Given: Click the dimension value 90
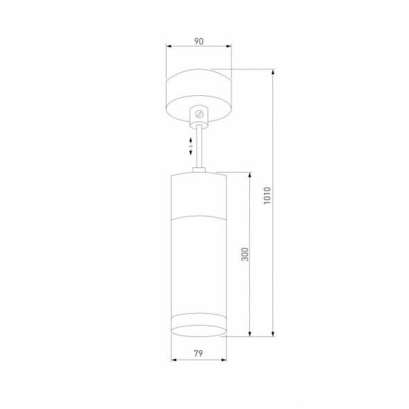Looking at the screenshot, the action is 199,42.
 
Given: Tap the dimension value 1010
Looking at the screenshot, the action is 267,196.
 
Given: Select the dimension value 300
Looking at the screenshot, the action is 245,254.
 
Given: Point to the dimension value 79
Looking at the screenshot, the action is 198,353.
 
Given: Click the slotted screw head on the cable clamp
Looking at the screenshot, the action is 199,114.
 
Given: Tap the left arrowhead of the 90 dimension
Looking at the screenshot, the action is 169,46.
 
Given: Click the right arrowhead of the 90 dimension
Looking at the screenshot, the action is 228,46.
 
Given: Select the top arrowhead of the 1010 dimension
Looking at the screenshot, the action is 273,72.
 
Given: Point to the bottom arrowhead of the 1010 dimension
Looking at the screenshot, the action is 273,333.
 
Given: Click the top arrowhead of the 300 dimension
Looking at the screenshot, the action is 250,175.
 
